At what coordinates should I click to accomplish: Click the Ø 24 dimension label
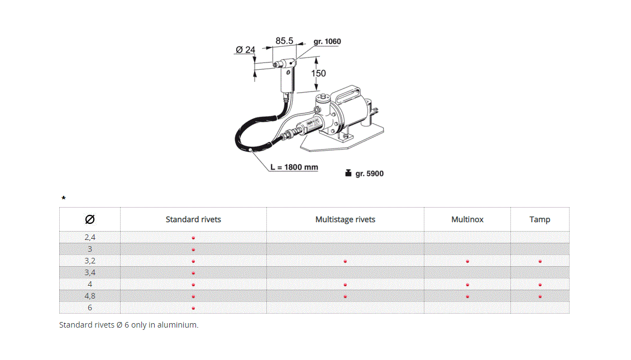point(245,50)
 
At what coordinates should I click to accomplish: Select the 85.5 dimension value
point(284,41)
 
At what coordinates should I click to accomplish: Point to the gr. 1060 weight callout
point(327,41)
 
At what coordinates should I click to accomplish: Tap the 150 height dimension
point(318,73)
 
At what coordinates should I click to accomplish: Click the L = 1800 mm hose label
point(294,167)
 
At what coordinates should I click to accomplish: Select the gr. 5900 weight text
point(369,174)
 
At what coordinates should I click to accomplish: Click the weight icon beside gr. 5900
point(348,173)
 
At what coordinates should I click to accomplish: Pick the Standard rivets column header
point(193,219)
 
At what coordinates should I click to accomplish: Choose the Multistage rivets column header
point(345,219)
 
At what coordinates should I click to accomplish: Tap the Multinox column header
point(467,219)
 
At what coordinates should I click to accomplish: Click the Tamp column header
point(539,219)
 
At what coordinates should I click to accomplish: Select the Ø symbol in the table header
point(89,219)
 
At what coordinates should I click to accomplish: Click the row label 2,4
point(89,237)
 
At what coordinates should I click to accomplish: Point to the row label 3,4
point(89,272)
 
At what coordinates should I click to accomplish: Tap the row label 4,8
point(89,296)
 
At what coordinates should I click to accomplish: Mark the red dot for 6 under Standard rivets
point(193,308)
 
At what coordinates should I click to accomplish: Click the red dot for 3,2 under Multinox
point(467,261)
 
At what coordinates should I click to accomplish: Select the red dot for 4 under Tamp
point(540,285)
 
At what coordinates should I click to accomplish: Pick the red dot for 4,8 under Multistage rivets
point(345,296)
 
